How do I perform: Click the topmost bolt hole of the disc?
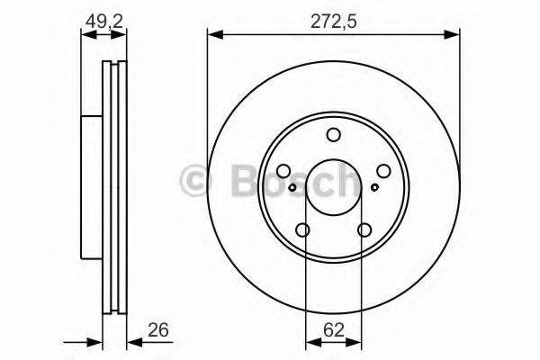coord(334,136)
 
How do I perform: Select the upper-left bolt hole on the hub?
coord(284,171)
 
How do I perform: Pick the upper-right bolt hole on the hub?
coord(383,171)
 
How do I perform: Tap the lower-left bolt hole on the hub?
coord(303,229)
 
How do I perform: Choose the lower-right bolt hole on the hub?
coord(364,229)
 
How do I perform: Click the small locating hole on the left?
coord(294,188)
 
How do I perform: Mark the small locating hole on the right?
coord(374,188)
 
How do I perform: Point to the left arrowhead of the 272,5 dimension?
coord(213,35)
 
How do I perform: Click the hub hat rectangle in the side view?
coord(91,187)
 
